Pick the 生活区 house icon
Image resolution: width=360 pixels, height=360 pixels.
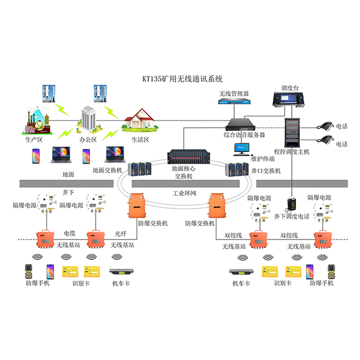[x=142, y=120]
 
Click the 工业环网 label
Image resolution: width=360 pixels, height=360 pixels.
[x=184, y=194]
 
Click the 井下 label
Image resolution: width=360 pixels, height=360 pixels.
[x=69, y=192]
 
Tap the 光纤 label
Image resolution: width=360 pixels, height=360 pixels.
[x=119, y=233]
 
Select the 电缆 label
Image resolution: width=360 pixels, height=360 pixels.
[x=70, y=233]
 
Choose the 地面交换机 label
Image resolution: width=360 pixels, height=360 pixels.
[x=109, y=169]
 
